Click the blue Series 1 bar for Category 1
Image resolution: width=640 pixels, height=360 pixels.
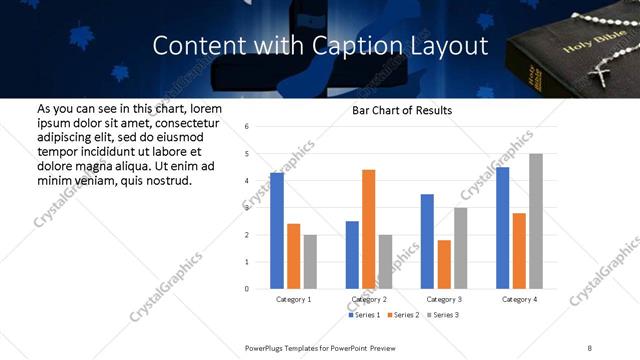click(277, 231)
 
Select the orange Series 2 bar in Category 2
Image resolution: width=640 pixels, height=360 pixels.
click(368, 229)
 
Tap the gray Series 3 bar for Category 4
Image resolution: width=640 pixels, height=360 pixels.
click(536, 221)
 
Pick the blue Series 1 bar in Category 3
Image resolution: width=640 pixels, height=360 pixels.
click(427, 241)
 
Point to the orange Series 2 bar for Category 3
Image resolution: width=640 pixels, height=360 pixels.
click(444, 264)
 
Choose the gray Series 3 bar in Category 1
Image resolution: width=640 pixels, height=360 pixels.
click(310, 261)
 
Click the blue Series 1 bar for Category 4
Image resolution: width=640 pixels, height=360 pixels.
click(502, 228)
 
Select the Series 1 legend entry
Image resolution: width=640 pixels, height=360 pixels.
click(364, 315)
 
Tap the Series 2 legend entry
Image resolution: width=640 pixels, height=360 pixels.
click(402, 315)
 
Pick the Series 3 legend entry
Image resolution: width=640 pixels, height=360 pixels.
click(440, 315)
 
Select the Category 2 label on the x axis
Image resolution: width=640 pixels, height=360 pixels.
click(368, 299)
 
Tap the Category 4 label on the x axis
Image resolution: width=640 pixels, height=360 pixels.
click(519, 299)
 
